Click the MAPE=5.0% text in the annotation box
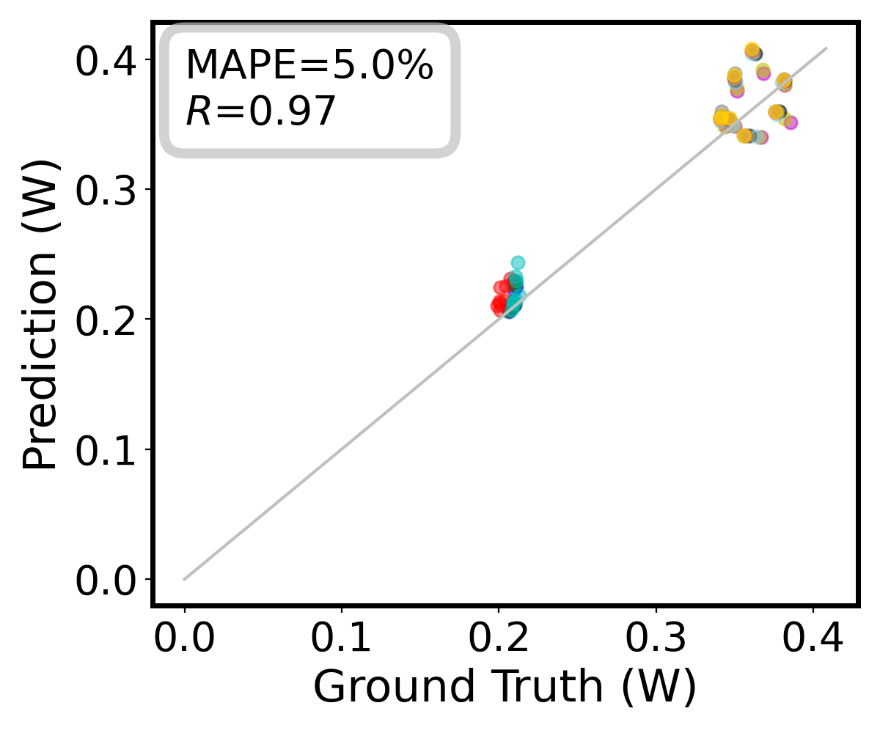[309, 66]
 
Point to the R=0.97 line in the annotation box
[260, 112]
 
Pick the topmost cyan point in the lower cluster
[518, 262]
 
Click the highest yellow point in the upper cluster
[752, 50]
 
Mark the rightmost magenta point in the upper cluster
[791, 122]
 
